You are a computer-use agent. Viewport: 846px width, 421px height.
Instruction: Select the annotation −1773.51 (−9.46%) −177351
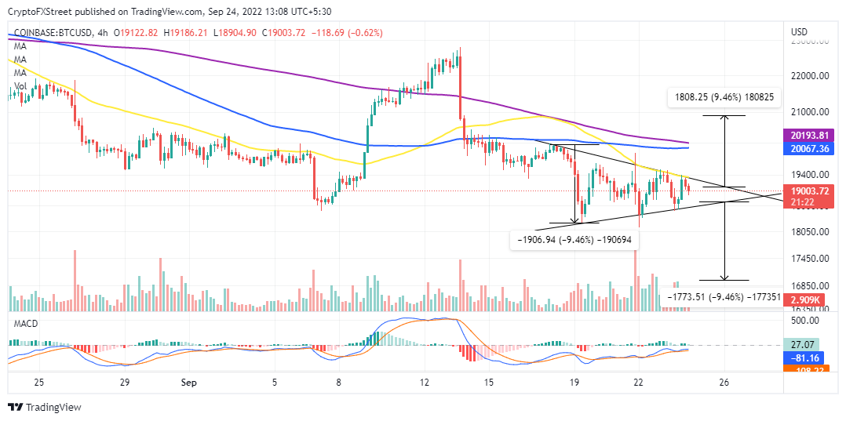point(723,297)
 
